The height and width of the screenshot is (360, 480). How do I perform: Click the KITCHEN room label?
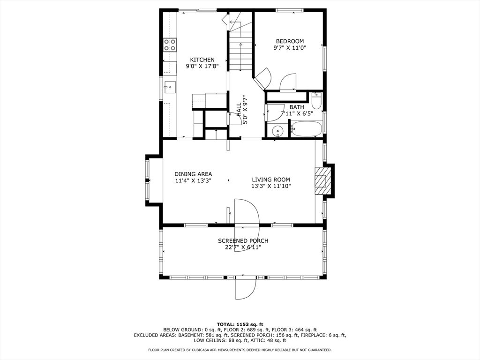click(x=202, y=60)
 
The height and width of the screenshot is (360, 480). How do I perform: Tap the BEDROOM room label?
click(x=290, y=41)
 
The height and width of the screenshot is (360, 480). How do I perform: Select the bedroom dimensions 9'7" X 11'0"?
click(x=290, y=48)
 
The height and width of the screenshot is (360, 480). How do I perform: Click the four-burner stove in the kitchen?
click(x=170, y=45)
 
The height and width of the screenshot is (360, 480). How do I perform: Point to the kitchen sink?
click(x=170, y=87)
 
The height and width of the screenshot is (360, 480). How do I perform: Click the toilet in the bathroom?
click(x=316, y=100)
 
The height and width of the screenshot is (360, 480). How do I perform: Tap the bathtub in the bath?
click(x=306, y=129)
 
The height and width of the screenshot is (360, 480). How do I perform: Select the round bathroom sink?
click(x=277, y=131)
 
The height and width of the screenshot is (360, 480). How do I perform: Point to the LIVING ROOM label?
click(x=271, y=180)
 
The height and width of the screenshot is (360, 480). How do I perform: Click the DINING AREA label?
click(x=193, y=174)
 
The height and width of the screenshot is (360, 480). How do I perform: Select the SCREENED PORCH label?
click(x=243, y=241)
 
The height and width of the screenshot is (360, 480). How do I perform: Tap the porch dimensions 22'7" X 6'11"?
click(x=243, y=247)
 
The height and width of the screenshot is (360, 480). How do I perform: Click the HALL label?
click(x=239, y=109)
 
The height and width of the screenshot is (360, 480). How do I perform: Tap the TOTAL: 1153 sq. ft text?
click(x=240, y=324)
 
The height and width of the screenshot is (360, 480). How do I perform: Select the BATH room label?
click(x=297, y=107)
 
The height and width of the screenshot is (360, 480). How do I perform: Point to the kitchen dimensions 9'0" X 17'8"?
click(x=202, y=66)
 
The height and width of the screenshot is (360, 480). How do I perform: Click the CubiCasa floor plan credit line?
click(x=240, y=350)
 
